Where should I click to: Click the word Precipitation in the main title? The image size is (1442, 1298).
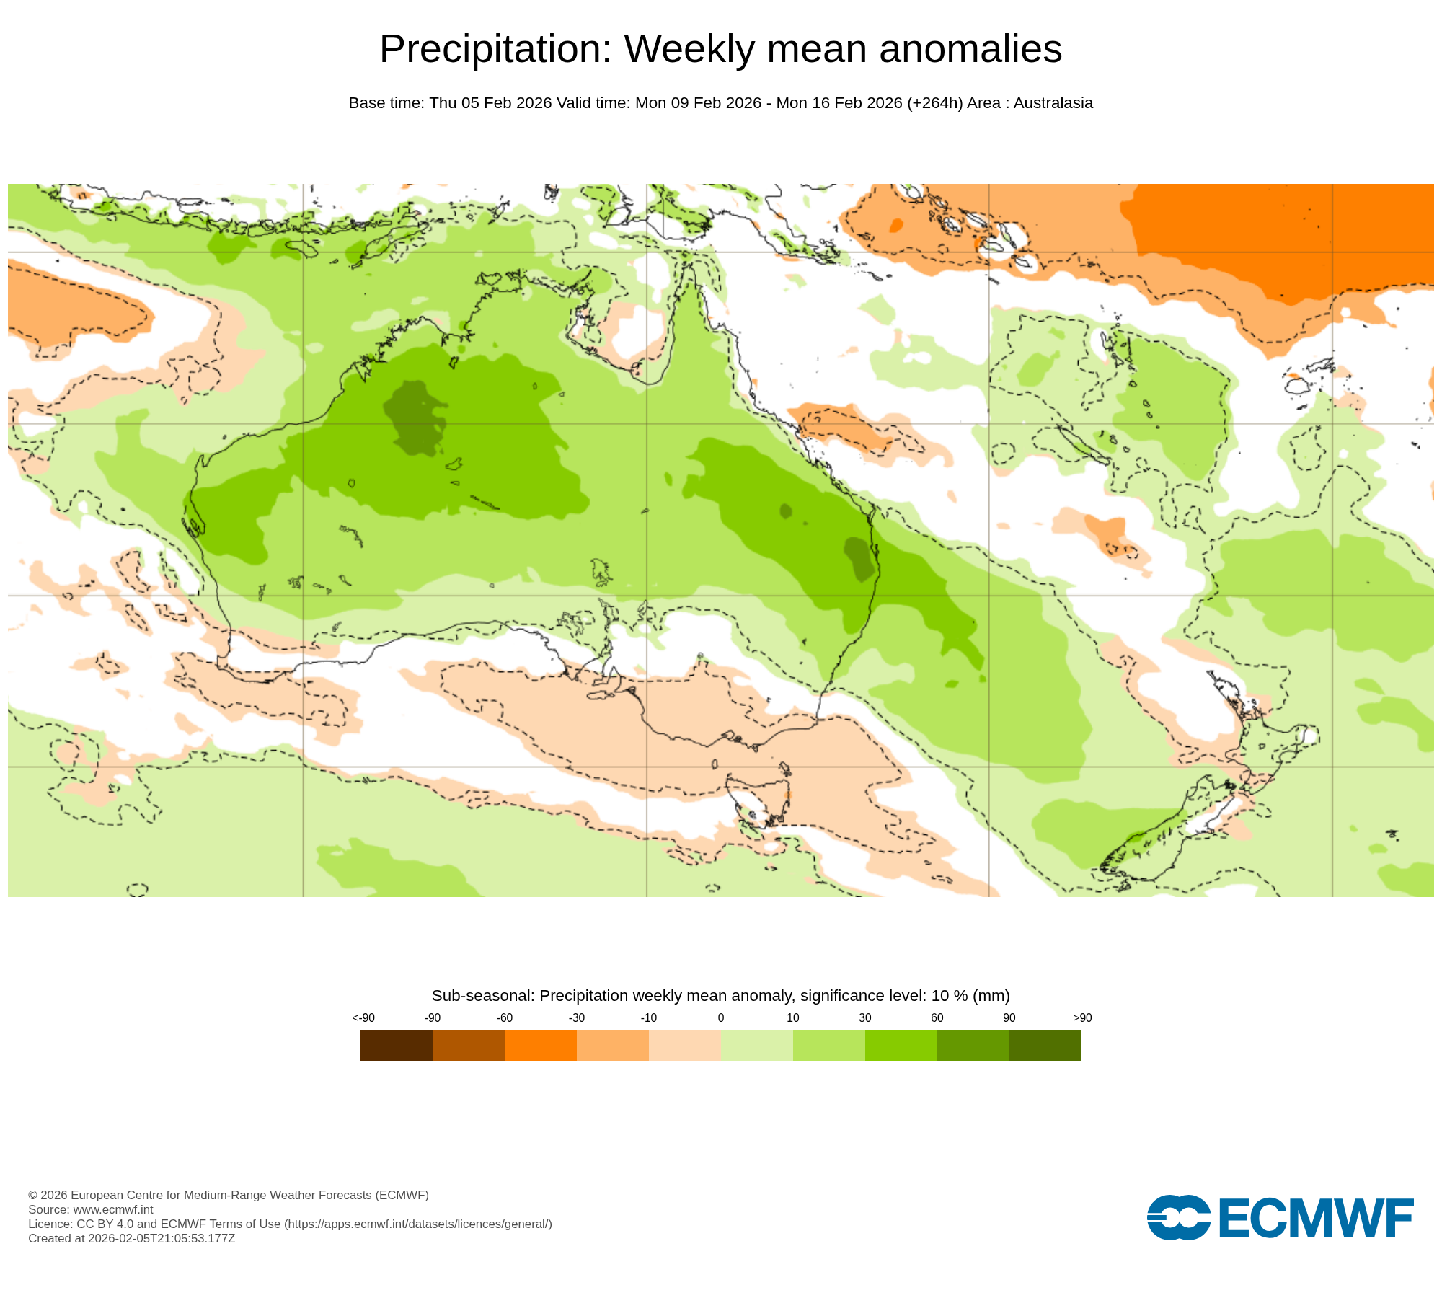tap(495, 49)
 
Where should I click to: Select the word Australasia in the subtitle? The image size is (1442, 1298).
tap(1053, 103)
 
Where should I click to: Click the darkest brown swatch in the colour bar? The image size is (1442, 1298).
tap(396, 1045)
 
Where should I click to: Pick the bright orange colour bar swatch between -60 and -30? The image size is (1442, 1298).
tap(540, 1045)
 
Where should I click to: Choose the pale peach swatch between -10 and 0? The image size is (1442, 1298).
tap(684, 1045)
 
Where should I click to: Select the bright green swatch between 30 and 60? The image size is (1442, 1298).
tap(901, 1045)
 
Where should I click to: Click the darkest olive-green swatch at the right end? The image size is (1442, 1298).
tap(1045, 1045)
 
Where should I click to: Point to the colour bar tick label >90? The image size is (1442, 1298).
tap(1081, 1017)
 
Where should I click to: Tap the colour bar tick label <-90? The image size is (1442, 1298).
tap(363, 1017)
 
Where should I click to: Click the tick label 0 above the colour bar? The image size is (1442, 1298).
tap(720, 1017)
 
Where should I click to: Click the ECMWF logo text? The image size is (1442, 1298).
tap(1315, 1218)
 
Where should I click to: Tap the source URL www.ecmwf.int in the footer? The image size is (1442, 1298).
tap(113, 1209)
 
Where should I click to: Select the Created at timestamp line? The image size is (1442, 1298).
tap(131, 1238)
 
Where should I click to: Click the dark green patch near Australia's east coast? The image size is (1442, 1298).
tap(859, 559)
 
